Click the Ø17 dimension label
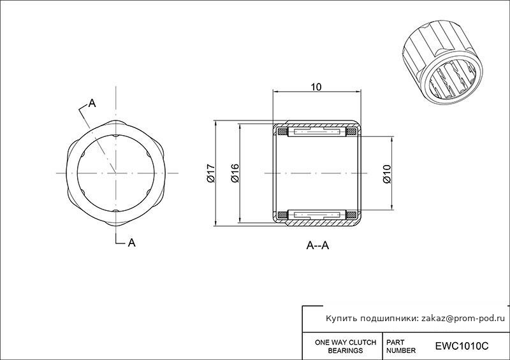point(211,173)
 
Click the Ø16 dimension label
point(235,173)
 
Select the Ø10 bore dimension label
point(387,174)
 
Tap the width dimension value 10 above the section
point(316,87)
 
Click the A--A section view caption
point(317,245)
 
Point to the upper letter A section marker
point(92,103)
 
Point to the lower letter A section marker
point(132,243)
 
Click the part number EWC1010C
point(462,346)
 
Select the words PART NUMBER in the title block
point(401,347)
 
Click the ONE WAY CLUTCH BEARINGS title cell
point(346,347)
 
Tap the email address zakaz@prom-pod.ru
point(463,319)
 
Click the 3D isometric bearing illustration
point(442,64)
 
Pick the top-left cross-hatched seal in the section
point(282,132)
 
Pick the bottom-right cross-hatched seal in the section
point(351,215)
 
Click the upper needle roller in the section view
point(316,132)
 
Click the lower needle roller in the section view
point(316,215)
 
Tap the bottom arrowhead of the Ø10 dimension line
point(392,206)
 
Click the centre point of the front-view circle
point(116,173)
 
